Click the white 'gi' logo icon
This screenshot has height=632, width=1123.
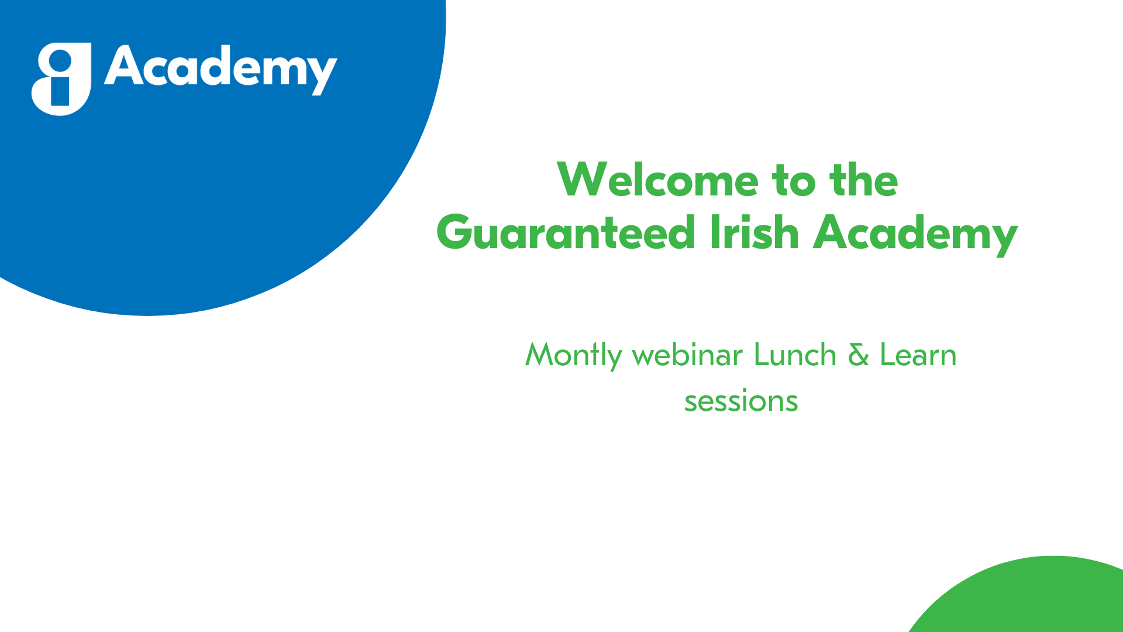tap(61, 79)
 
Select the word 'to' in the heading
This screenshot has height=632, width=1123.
tap(794, 181)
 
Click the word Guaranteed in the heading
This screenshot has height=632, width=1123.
tap(566, 232)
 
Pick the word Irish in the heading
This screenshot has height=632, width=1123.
tap(754, 232)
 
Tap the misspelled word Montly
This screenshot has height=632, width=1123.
tap(573, 356)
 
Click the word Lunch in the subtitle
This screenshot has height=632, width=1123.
tap(795, 355)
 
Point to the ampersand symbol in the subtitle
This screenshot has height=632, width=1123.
tap(858, 355)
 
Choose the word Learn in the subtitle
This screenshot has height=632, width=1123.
tap(918, 355)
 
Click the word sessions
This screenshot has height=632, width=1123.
tap(741, 401)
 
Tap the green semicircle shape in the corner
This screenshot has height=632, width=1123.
tap(1024, 597)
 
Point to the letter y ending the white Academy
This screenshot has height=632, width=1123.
tap(323, 76)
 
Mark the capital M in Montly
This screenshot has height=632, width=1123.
tap(538, 355)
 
